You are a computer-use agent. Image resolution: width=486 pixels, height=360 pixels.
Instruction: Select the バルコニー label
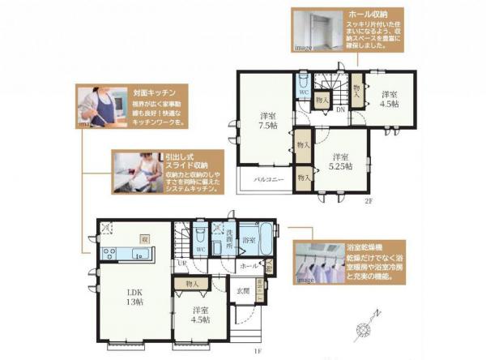point(268,178)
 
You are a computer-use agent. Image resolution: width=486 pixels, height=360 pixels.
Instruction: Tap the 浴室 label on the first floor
point(250,241)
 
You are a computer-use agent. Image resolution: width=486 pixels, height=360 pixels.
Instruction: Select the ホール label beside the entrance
point(248,264)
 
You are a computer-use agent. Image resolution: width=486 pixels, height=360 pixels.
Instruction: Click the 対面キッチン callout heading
point(147,93)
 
